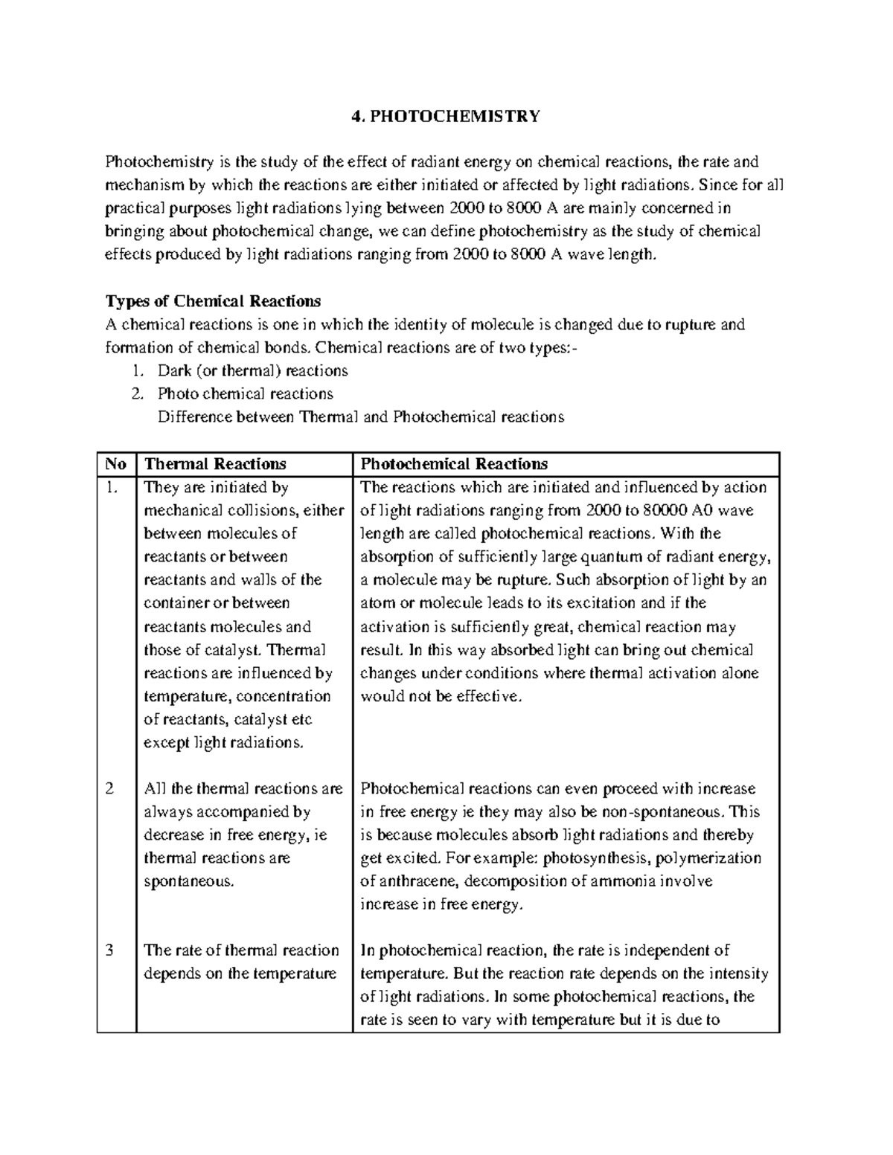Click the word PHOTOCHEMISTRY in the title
pos(455,116)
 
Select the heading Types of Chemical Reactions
pos(213,301)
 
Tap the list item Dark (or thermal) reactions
pos(252,370)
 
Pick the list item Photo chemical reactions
pos(245,393)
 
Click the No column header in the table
pos(115,464)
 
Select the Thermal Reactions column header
pos(214,464)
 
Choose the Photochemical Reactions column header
pos(454,464)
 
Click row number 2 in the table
pos(109,789)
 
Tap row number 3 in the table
pos(109,950)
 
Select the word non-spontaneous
pos(669,812)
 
